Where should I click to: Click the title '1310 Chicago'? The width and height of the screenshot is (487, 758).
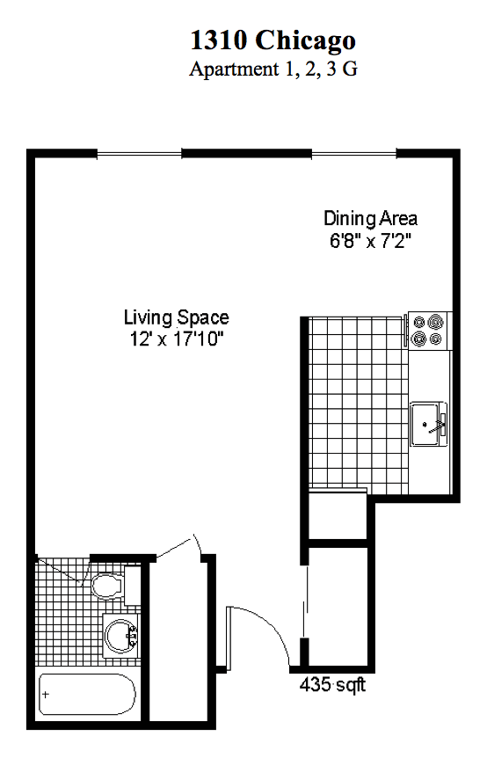273,40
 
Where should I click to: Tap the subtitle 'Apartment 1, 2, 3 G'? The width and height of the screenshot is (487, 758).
273,69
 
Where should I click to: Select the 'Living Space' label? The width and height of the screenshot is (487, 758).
177,317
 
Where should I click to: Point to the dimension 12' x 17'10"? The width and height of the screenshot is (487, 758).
177,339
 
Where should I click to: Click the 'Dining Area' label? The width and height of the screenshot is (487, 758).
371,218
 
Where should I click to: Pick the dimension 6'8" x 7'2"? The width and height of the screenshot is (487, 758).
371,240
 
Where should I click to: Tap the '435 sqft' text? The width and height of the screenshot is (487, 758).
332,684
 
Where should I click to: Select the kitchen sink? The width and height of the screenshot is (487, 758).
429,424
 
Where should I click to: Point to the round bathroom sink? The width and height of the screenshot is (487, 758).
120,635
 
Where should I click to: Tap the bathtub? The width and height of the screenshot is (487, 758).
87,694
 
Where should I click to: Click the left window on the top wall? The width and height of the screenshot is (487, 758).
140,154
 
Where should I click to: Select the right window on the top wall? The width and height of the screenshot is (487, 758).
354,154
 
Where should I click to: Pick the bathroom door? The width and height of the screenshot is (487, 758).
62,571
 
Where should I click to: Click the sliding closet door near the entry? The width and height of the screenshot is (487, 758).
304,601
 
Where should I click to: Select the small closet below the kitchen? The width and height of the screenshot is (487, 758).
338,516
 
